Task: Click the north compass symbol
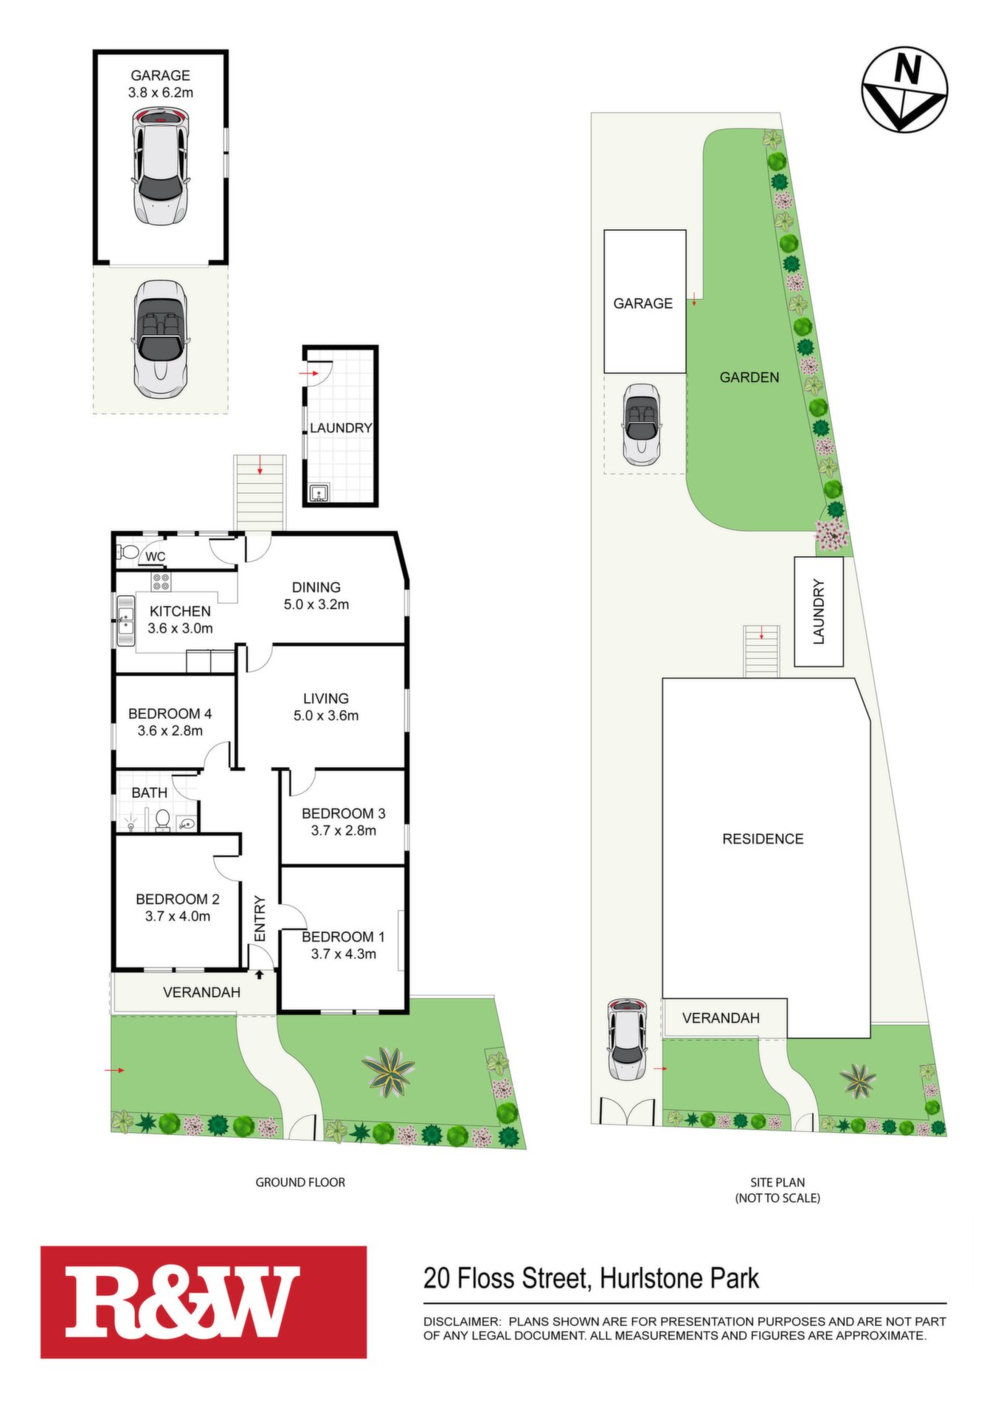click(x=904, y=89)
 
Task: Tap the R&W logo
click(x=204, y=1302)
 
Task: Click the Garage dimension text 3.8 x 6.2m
click(x=161, y=93)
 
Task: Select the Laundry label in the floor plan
click(x=340, y=428)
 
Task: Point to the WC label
click(x=155, y=557)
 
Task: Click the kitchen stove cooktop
click(x=161, y=581)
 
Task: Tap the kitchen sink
click(x=125, y=619)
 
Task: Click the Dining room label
click(x=316, y=588)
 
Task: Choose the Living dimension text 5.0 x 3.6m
click(x=326, y=715)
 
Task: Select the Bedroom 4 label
click(x=170, y=714)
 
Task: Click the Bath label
click(x=150, y=793)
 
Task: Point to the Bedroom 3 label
click(x=343, y=813)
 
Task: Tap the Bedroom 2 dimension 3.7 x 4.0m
click(x=178, y=917)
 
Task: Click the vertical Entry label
click(x=260, y=918)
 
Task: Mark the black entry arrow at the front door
click(x=260, y=974)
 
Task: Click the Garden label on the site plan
click(x=749, y=378)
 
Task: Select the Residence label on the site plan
click(x=763, y=839)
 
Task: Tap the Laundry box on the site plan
click(x=819, y=611)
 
